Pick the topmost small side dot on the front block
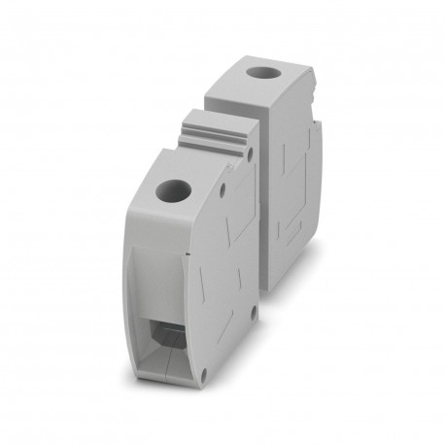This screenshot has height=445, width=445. click(250, 154)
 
